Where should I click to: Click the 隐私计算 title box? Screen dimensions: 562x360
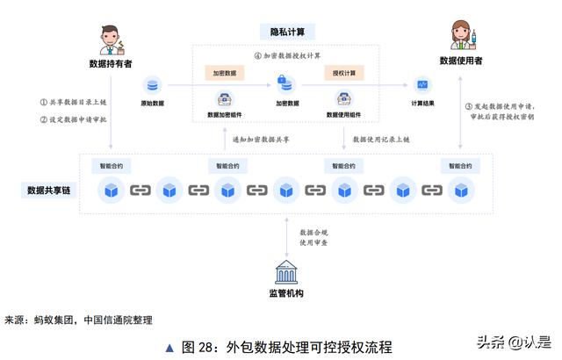coord(287,32)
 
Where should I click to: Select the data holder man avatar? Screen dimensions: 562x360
coord(112,40)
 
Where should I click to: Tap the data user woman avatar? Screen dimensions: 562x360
coord(463,35)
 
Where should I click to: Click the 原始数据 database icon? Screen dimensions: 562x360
coord(152,85)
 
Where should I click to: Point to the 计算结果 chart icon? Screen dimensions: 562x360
coord(422,85)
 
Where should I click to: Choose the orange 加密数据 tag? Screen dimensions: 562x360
coord(225,73)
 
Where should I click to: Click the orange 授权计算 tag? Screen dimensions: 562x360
coord(344,73)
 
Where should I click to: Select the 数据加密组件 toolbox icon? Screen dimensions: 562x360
coord(225,99)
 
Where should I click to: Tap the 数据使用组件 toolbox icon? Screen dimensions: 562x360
coord(343,99)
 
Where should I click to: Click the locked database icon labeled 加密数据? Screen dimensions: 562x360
coord(286,84)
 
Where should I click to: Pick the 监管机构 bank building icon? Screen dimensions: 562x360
coord(286,272)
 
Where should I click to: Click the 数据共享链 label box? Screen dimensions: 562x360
coord(49,191)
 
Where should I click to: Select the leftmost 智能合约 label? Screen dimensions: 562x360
coord(112,166)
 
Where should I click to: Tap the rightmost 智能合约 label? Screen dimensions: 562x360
coord(460,166)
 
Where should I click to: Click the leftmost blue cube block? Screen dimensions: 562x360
coord(112,191)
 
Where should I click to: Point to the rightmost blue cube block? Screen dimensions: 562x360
coord(461,191)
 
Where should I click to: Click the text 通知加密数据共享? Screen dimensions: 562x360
coord(261,140)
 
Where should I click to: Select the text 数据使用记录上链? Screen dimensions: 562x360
coord(381,140)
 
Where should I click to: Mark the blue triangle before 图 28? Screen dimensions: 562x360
coord(169,348)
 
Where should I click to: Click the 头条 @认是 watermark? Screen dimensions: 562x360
coord(514,342)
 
